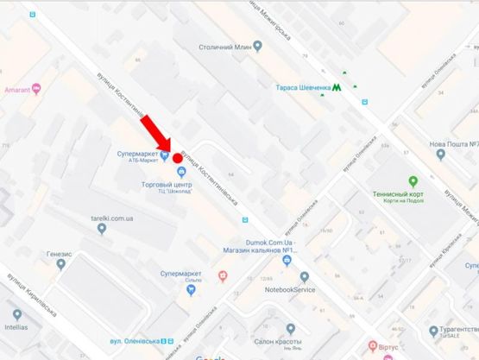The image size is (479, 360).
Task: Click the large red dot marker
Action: click(x=178, y=158)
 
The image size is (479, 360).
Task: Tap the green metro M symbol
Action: click(x=337, y=87)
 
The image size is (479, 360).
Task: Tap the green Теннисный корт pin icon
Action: click(x=413, y=180)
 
